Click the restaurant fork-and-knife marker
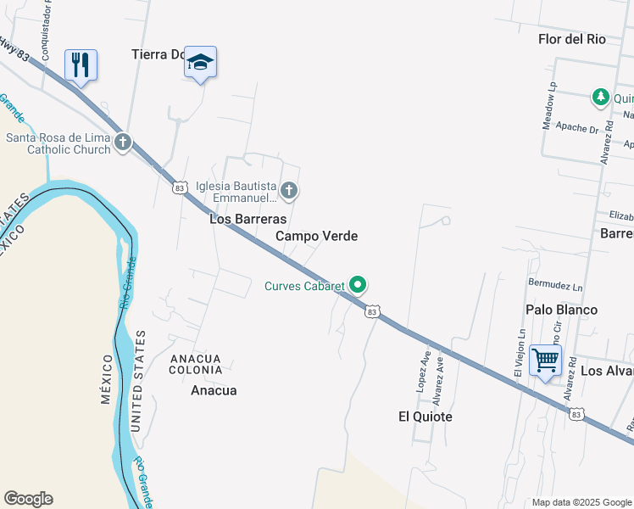coord(81,64)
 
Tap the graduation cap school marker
coord(200,62)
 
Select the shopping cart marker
coord(545,360)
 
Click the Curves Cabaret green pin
coord(359,285)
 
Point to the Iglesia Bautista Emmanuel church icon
coord(289,190)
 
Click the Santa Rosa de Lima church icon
coord(123,142)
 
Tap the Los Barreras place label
coord(247,218)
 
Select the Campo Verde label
coord(317,236)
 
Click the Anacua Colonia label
coord(196,364)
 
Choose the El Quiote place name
coord(425,417)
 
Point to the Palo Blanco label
coord(561,310)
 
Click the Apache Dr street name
coord(578,128)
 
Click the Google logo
coord(28,499)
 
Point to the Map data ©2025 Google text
coord(581,502)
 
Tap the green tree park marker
coord(601,97)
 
